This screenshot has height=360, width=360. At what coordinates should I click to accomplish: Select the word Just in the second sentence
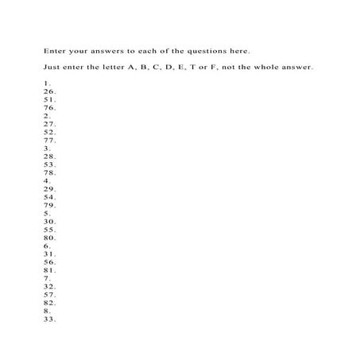[52, 67]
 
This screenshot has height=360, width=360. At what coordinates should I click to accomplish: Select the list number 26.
[50, 91]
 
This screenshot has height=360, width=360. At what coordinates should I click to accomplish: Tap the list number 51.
[50, 99]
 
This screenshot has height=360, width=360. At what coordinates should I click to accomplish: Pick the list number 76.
[50, 107]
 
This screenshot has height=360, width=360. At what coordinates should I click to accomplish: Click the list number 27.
[50, 124]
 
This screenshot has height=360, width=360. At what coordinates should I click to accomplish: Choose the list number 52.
[50, 132]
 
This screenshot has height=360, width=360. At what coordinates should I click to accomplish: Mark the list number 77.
[50, 140]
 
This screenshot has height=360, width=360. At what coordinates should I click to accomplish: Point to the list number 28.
[50, 157]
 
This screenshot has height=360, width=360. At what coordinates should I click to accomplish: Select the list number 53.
[50, 165]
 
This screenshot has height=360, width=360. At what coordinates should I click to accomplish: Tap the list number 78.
[50, 172]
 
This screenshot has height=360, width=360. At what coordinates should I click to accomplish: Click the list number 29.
[50, 189]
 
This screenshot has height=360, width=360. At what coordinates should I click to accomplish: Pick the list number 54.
[50, 197]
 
